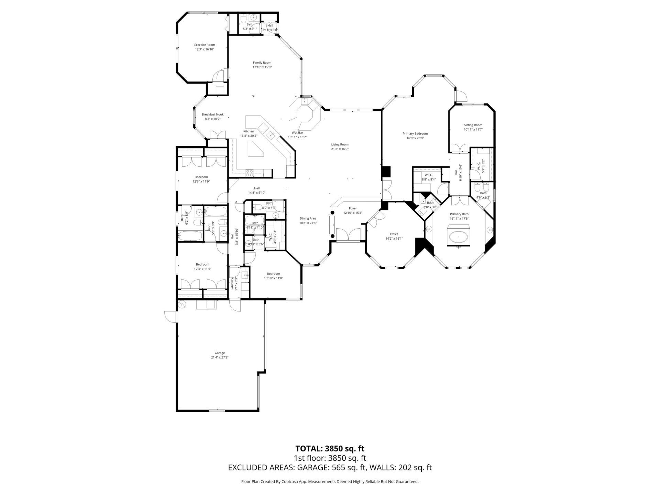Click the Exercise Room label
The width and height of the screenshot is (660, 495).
coord(205,45)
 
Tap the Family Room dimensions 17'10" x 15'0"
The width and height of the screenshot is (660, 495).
coord(262,67)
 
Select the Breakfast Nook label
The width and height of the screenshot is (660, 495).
coord(212,114)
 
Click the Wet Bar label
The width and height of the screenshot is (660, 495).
coord(297,132)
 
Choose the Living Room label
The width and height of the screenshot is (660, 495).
coord(340,145)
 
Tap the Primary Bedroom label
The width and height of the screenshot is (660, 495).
coord(415,134)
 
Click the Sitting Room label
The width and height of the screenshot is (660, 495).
coord(473,125)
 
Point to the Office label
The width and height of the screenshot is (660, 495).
coord(394,234)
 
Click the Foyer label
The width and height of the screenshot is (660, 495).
coord(353,208)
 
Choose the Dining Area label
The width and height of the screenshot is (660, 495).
coord(308,218)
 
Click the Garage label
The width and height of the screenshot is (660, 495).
coord(220,353)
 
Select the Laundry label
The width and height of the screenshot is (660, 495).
coord(232,284)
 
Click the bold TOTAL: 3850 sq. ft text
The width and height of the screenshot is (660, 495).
coord(330,449)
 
